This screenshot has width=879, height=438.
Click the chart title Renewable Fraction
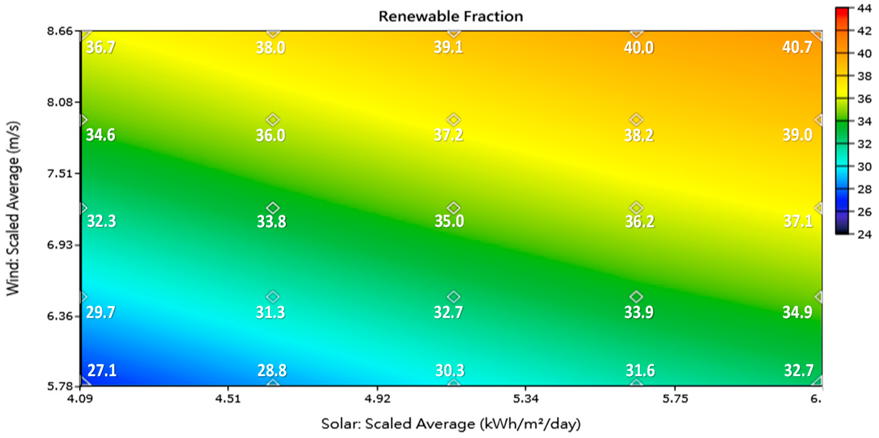(451, 16)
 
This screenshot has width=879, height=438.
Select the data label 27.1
(102, 370)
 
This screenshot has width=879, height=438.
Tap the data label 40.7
(797, 47)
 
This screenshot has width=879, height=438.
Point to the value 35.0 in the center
(449, 221)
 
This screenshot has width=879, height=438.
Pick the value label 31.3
(270, 312)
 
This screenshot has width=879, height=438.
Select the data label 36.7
(101, 47)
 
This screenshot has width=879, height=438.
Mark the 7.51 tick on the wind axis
(60, 173)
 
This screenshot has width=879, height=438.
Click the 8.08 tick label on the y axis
(60, 102)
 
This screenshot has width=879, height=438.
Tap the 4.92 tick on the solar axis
(377, 398)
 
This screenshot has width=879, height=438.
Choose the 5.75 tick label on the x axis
(675, 398)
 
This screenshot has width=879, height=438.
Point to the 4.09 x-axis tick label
(80, 398)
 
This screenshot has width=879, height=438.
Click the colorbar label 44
(864, 8)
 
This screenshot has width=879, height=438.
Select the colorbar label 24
(864, 234)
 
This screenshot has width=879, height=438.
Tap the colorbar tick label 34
(864, 121)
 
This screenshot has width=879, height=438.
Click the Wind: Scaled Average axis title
(13, 208)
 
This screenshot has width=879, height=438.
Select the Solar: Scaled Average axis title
(451, 424)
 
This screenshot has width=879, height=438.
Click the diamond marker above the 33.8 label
(273, 208)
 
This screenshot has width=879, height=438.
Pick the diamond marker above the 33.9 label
(636, 297)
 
